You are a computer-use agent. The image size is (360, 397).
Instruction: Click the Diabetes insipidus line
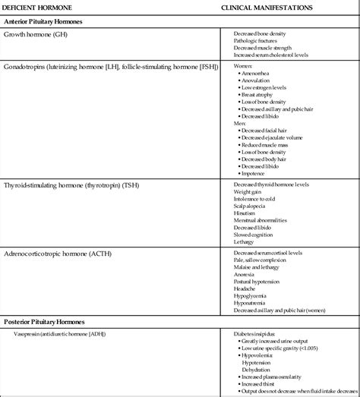(255, 332)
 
